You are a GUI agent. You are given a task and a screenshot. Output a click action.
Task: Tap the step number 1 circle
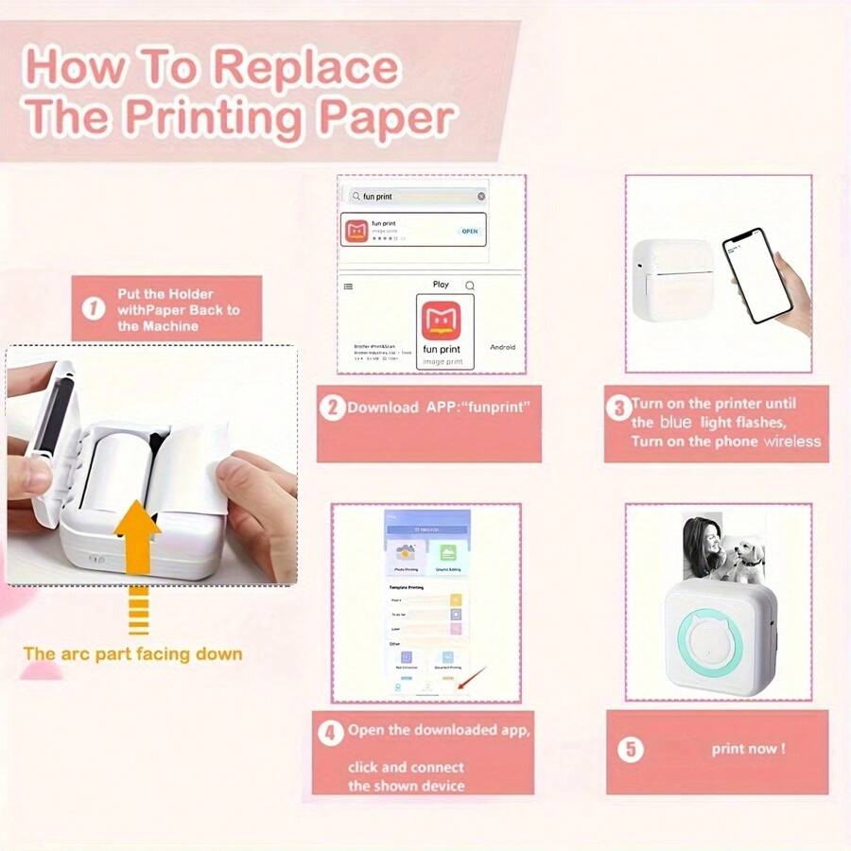[93, 309]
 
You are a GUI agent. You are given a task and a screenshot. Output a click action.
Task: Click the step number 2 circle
[331, 408]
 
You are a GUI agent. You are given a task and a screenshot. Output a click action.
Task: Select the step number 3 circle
[617, 408]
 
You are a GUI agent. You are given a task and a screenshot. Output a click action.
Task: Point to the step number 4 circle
[330, 733]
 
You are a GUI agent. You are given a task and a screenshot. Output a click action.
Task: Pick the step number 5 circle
[631, 750]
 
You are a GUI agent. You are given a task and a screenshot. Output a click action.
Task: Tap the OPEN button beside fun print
[469, 231]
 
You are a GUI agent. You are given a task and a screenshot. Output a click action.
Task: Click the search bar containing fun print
[416, 197]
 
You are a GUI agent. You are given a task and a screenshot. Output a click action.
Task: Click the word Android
[502, 347]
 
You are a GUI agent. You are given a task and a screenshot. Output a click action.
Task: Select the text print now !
[748, 749]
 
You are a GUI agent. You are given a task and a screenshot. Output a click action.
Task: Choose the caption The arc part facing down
[132, 653]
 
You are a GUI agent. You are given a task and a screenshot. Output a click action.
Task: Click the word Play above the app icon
[441, 285]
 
